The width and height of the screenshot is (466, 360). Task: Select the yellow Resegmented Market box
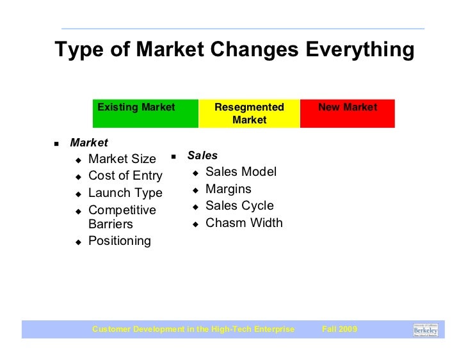click(x=249, y=114)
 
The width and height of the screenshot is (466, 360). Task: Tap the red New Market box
click(x=348, y=114)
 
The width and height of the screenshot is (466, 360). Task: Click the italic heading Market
click(x=89, y=143)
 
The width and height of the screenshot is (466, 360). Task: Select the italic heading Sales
click(x=202, y=155)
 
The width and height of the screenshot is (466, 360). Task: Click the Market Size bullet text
click(x=122, y=159)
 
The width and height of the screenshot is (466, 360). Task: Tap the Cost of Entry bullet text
click(x=125, y=176)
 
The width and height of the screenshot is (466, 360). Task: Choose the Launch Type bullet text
click(x=125, y=192)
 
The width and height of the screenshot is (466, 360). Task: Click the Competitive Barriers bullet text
click(x=122, y=217)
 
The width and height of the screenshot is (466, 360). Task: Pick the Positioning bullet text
click(x=119, y=241)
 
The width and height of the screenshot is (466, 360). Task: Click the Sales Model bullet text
click(x=241, y=172)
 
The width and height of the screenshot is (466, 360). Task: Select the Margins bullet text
click(x=228, y=189)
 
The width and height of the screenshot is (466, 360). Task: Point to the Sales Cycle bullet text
click(x=239, y=206)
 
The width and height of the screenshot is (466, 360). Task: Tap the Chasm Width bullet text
click(x=243, y=223)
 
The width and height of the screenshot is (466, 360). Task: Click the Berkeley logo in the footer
click(x=426, y=329)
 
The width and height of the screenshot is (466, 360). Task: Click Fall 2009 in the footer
click(x=339, y=329)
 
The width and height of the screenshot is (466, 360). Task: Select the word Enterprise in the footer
click(x=273, y=329)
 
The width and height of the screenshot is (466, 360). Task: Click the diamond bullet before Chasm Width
click(x=195, y=224)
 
